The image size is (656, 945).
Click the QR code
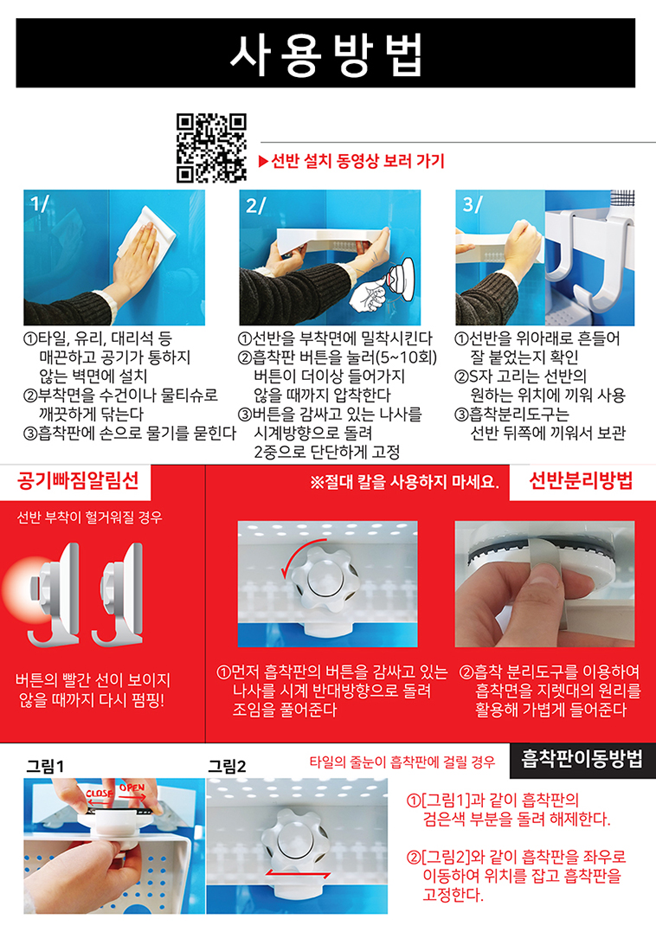tap(211, 148)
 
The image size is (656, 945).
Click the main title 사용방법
tap(326, 55)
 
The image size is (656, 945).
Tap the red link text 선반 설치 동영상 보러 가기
tap(352, 162)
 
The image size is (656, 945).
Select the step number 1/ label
tap(40, 203)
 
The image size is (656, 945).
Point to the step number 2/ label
tap(255, 205)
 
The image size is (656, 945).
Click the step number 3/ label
tap(473, 204)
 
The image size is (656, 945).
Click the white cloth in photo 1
tap(148, 235)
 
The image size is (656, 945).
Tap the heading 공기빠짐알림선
tap(78, 480)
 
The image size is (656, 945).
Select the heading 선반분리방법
tap(581, 481)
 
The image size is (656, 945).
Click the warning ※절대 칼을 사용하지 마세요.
tap(404, 482)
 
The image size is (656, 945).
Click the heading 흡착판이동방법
tap(582, 759)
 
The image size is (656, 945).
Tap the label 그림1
tap(45, 767)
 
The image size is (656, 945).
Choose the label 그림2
tap(227, 767)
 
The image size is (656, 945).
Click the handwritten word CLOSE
tap(100, 793)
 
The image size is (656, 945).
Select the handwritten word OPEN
tap(132, 787)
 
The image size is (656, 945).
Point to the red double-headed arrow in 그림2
tap(298, 873)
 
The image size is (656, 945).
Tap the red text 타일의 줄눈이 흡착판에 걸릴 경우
tap(402, 762)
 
